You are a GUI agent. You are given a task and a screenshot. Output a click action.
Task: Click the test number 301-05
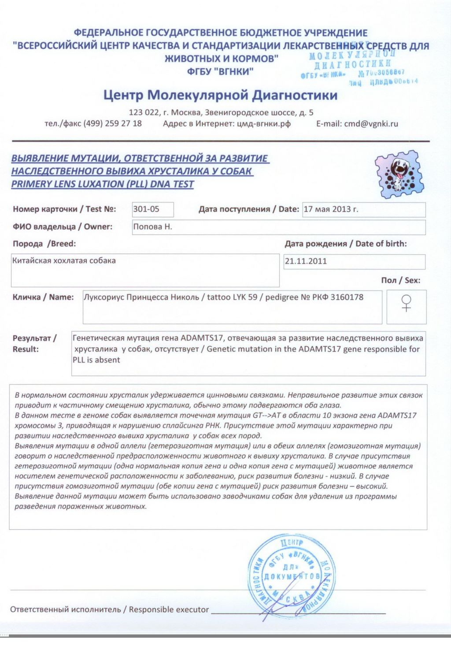(x=146, y=209)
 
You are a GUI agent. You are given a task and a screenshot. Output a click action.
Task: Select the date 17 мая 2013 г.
(x=331, y=209)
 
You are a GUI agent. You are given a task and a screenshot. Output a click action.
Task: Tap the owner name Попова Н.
(x=152, y=227)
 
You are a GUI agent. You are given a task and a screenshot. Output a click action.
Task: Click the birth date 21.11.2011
(x=306, y=261)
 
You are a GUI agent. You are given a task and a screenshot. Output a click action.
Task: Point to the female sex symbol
(x=406, y=303)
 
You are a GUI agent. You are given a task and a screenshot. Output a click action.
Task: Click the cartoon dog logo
(x=400, y=174)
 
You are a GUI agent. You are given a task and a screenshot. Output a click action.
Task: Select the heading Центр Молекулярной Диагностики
(x=220, y=95)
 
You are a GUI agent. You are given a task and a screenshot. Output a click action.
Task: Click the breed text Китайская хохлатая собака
(x=64, y=260)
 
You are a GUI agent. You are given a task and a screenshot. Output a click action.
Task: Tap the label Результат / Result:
(x=34, y=344)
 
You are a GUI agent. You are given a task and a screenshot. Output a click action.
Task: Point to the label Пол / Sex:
(x=400, y=280)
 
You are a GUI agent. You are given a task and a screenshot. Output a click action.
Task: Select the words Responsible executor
(x=169, y=609)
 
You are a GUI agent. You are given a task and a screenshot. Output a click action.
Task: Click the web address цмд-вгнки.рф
(x=264, y=124)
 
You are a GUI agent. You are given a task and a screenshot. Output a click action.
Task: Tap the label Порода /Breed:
(x=44, y=244)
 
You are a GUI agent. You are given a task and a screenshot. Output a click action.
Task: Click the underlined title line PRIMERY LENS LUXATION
(x=102, y=184)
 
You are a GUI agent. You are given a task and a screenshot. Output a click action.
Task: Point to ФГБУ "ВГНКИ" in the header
(x=220, y=71)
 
